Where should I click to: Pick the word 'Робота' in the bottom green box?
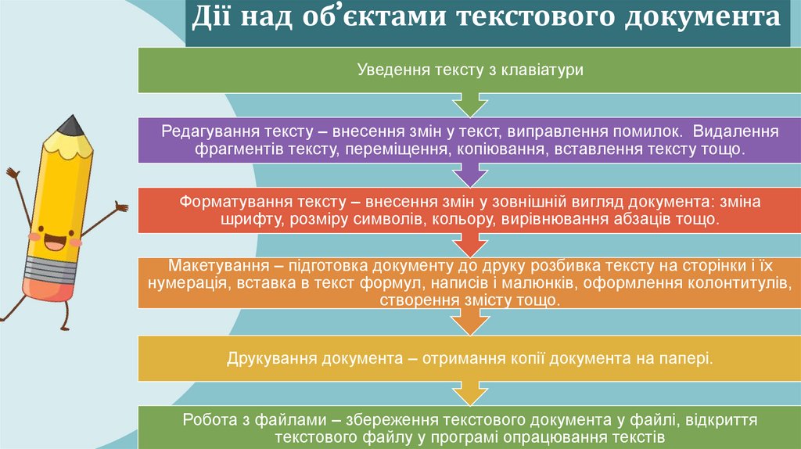coord(209,420)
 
